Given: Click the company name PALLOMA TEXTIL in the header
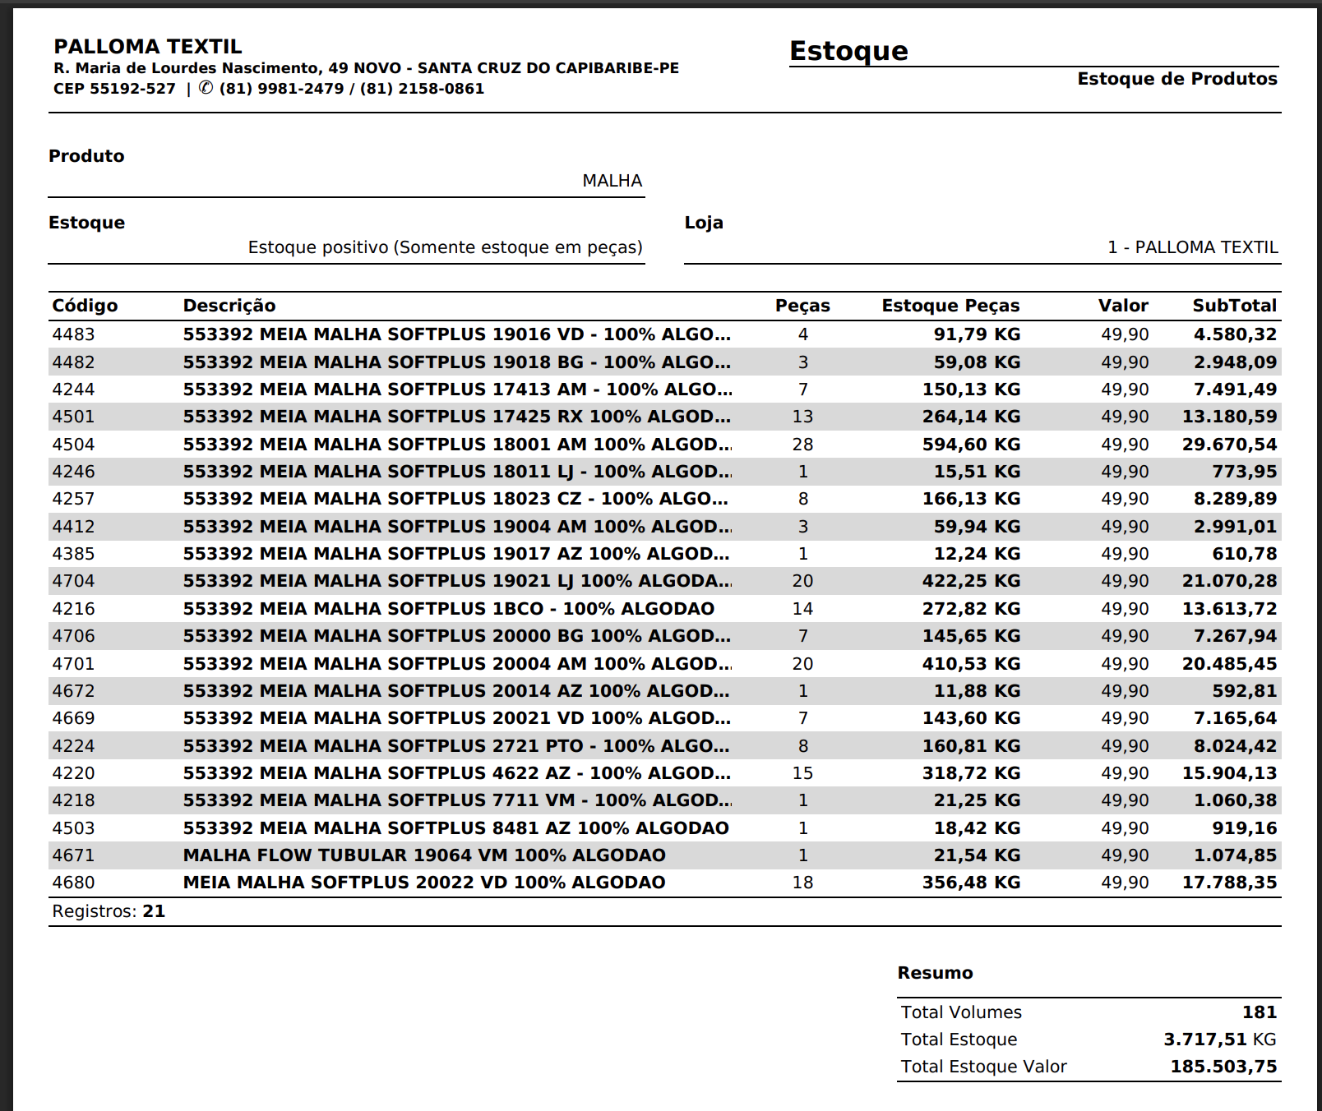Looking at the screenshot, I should tap(148, 47).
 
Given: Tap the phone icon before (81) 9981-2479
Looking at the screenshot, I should tap(206, 88).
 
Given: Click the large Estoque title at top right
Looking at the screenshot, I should tap(848, 51).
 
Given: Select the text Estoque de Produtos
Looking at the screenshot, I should tap(1177, 79).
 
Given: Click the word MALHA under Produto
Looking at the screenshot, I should tap(612, 181).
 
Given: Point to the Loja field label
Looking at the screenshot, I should tap(704, 223).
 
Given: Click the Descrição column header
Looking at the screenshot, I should tap(229, 306).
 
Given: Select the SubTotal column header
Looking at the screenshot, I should tap(1234, 306).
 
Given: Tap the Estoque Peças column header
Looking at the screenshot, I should tap(950, 306).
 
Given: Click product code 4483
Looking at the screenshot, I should tap(73, 334).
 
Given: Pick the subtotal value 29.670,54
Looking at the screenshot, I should tap(1229, 445).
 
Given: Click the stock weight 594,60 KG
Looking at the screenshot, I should tap(971, 445).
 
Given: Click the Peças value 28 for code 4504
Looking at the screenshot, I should tap(802, 445).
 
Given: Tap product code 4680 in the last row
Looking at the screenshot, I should tap(73, 883).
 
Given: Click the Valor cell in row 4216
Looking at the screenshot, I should tap(1125, 609).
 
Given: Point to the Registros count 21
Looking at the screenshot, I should tap(154, 911).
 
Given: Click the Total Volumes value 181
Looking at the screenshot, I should tap(1260, 1012).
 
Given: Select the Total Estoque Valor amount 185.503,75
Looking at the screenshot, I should tap(1223, 1067).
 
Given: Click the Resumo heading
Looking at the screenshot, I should tap(935, 973).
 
